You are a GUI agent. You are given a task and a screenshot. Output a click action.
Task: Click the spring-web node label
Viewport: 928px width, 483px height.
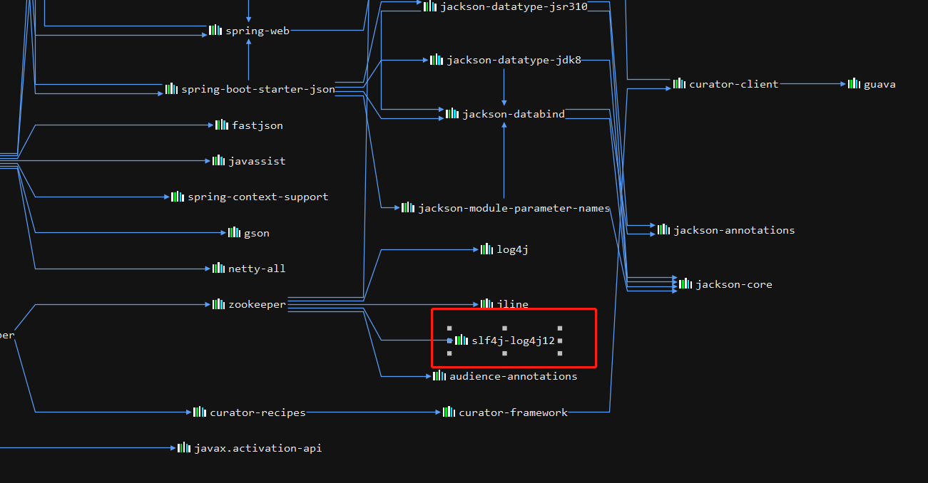tap(257, 31)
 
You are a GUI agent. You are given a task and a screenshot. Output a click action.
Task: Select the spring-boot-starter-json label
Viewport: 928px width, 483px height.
tap(258, 89)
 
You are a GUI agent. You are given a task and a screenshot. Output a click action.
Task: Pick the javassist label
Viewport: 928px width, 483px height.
tap(256, 161)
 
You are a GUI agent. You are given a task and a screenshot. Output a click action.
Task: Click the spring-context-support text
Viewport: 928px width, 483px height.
tap(258, 197)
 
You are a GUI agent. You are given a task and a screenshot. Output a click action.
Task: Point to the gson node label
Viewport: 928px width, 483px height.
tap(256, 233)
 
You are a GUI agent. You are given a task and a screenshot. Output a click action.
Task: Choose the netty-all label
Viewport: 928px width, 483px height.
tap(256, 269)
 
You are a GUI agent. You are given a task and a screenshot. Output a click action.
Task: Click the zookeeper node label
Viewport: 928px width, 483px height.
tap(257, 304)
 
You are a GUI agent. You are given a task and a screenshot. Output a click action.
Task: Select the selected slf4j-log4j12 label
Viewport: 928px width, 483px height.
tap(513, 341)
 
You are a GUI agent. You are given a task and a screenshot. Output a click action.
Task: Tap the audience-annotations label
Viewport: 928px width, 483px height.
tap(513, 376)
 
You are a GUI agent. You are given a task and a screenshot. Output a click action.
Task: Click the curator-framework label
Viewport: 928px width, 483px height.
tap(513, 412)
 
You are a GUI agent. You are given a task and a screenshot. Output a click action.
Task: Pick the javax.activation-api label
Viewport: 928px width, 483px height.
tap(258, 448)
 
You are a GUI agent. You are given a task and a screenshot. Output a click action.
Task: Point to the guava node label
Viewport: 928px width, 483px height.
tap(879, 84)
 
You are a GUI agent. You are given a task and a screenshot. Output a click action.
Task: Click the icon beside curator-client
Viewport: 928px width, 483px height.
tap(679, 84)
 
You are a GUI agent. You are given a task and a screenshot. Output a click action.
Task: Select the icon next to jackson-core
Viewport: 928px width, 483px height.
tap(685, 284)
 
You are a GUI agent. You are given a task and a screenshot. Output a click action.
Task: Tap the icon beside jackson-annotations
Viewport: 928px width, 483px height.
tap(663, 230)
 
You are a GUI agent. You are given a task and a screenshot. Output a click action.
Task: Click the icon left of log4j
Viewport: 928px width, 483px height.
tap(486, 249)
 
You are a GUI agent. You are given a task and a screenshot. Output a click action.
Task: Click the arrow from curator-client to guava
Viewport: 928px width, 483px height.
tap(812, 84)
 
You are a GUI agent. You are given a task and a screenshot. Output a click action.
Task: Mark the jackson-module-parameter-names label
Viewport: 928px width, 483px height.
tap(514, 208)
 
